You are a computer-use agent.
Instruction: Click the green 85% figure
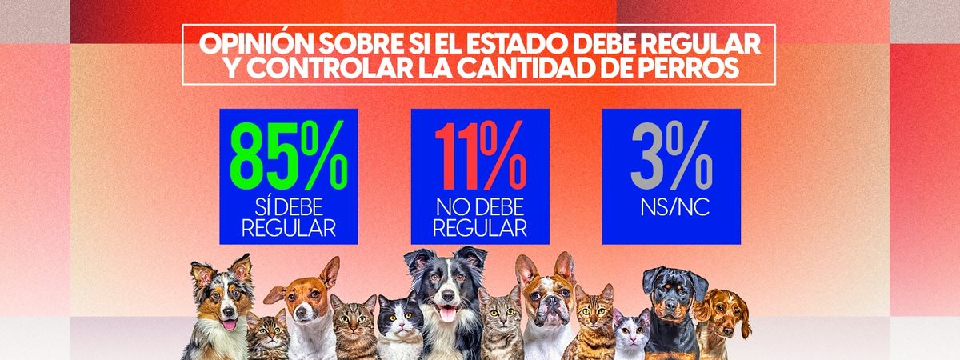[x=288, y=154]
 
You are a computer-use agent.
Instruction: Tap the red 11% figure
[x=480, y=154]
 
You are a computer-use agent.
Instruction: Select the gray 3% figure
[x=670, y=154]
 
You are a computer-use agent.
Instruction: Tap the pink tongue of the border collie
[x=447, y=314]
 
